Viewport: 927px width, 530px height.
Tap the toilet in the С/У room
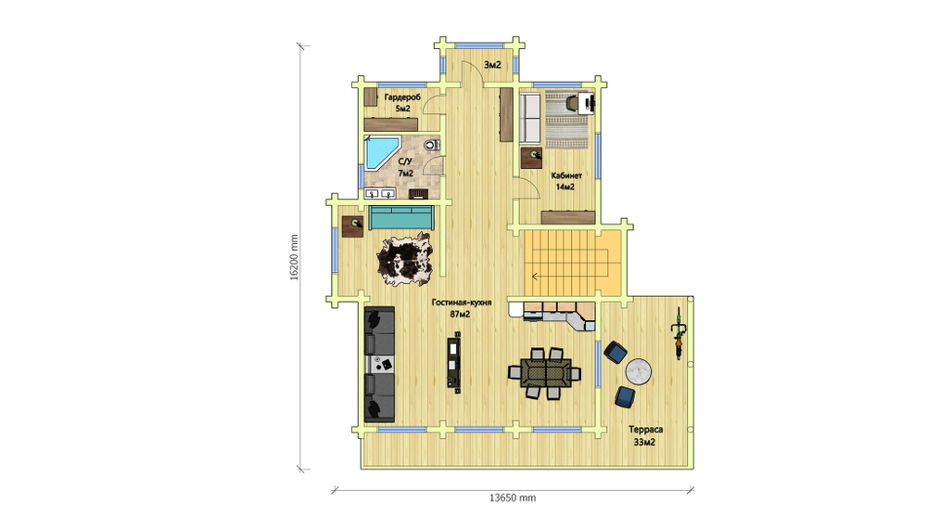click(432, 144)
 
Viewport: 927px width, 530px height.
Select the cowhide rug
click(405, 259)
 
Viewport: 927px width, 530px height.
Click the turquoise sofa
click(401, 217)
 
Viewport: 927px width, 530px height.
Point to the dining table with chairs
click(545, 373)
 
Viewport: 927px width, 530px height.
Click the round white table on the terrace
click(639, 371)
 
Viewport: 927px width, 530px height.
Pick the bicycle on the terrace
click(679, 333)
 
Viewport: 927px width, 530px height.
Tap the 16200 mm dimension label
click(294, 258)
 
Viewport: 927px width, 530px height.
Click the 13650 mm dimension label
click(513, 498)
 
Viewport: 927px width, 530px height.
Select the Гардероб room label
click(402, 97)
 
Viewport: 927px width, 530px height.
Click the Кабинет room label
click(566, 175)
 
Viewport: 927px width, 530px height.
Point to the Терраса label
click(645, 430)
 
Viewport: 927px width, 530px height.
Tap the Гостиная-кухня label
click(461, 302)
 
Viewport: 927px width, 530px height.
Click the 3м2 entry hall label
click(492, 65)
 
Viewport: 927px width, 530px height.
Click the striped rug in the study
click(566, 119)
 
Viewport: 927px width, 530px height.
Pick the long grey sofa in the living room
click(379, 364)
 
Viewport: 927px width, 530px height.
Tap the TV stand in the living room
click(454, 362)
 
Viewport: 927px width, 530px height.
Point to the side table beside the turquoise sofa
click(353, 226)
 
